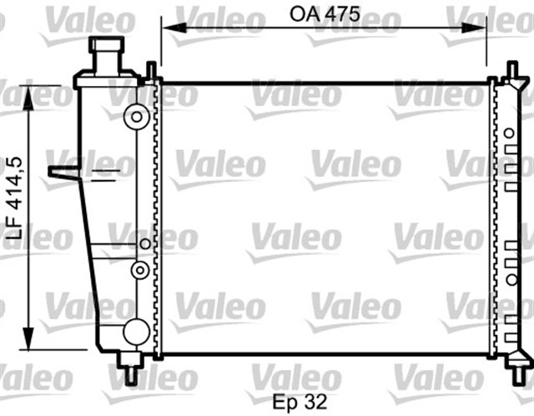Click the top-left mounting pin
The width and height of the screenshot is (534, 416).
click(x=149, y=70)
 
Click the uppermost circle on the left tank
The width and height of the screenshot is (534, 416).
click(x=134, y=118)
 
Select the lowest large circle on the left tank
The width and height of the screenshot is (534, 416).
click(x=135, y=332)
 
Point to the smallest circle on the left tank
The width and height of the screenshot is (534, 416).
click(x=145, y=244)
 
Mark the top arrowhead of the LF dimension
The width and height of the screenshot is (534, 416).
click(x=31, y=93)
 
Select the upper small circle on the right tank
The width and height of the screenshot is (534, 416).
click(x=508, y=132)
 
